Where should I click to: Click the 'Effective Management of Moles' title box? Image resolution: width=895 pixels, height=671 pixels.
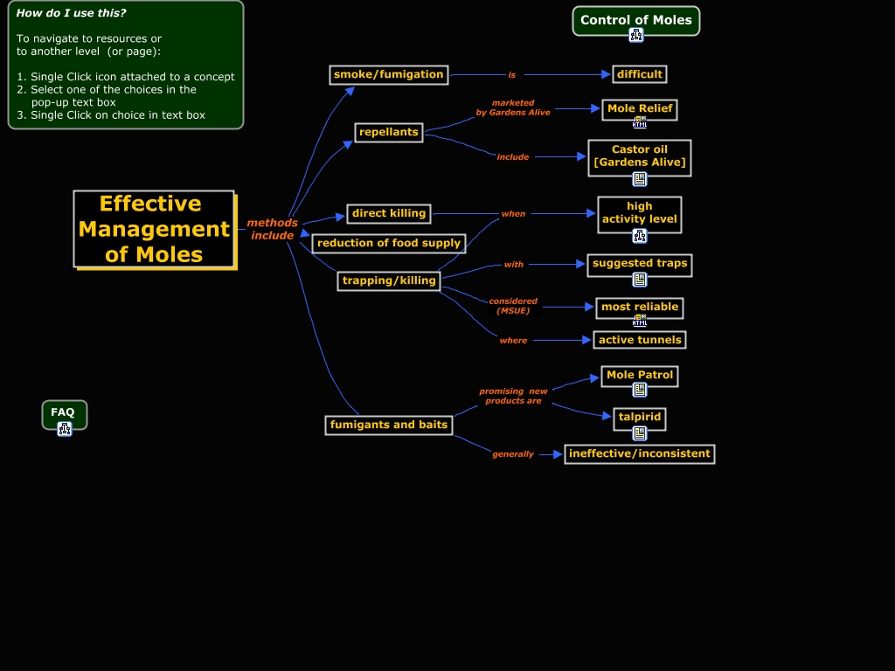click(154, 229)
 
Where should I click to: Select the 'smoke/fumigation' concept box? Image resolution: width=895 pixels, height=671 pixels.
click(389, 74)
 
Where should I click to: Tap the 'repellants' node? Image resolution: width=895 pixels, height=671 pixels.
click(389, 133)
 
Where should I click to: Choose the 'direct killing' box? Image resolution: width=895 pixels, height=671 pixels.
click(389, 213)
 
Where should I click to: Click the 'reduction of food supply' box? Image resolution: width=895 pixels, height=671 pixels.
click(389, 243)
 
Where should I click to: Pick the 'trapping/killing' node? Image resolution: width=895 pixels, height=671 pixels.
click(389, 280)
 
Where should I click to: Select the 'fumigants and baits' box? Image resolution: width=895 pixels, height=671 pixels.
click(389, 425)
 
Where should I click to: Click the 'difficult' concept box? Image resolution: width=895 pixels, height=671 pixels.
click(640, 74)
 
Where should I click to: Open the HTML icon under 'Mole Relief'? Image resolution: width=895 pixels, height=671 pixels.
click(640, 122)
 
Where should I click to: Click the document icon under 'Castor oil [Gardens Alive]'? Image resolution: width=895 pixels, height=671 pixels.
click(640, 179)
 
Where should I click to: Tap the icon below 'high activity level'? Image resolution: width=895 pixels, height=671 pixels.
click(640, 235)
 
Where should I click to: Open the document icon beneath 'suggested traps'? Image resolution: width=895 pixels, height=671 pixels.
click(640, 280)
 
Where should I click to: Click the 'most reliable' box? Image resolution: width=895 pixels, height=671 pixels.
click(640, 307)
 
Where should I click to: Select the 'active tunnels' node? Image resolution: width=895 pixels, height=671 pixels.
click(640, 340)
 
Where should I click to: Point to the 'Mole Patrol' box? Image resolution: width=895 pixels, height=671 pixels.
click(640, 375)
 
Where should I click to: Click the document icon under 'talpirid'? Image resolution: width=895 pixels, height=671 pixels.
click(640, 432)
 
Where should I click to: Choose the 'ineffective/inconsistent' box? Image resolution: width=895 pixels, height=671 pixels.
click(640, 453)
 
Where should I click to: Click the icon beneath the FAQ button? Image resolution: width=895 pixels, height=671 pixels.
click(65, 428)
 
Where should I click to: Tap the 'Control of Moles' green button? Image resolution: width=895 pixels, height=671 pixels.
click(636, 20)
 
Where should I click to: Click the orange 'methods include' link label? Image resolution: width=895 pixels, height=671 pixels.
click(272, 229)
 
